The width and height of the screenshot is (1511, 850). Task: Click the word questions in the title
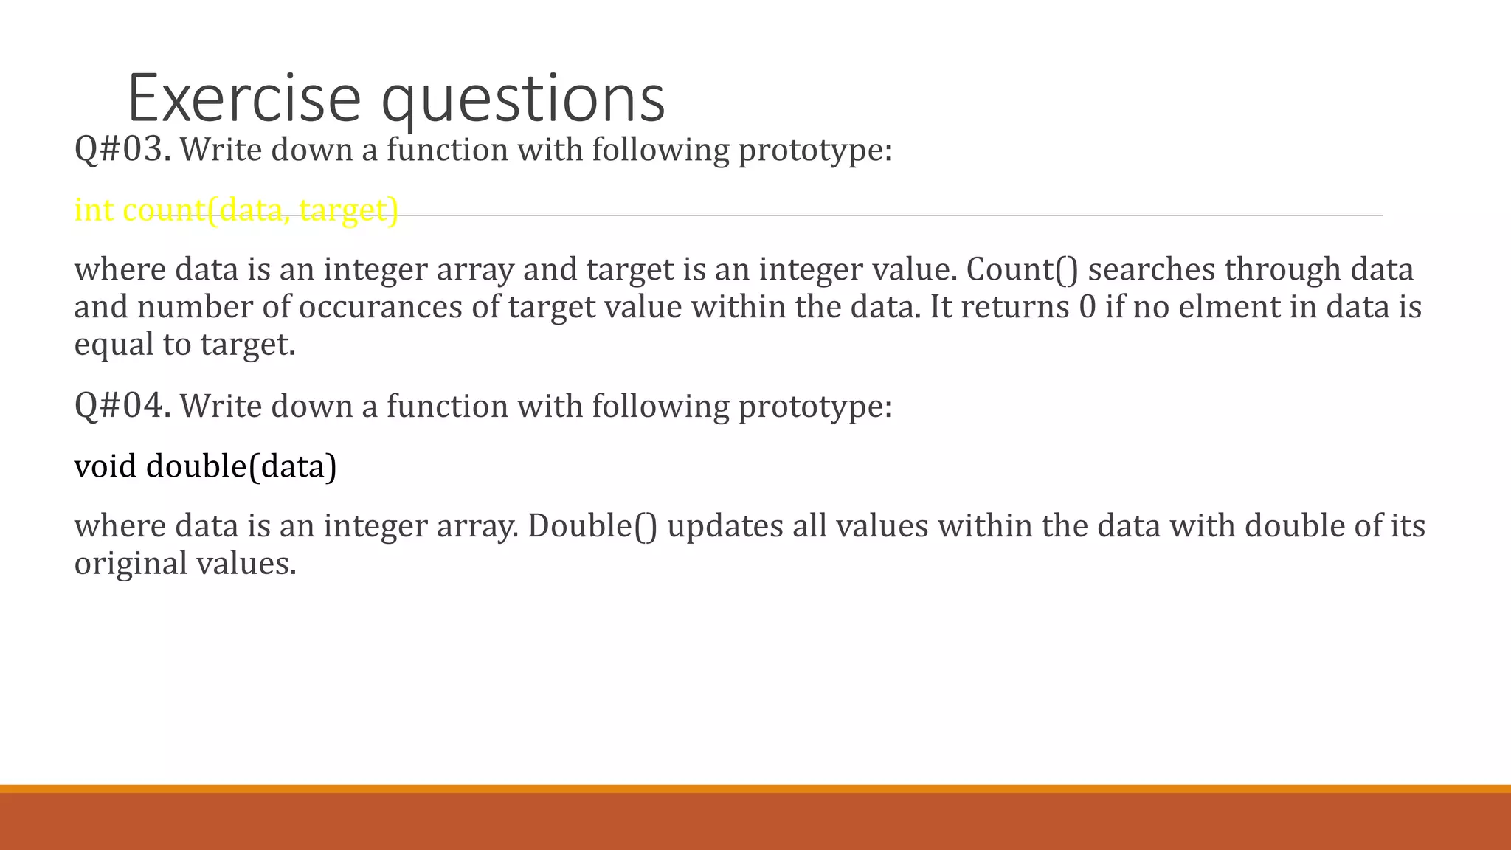pos(523,100)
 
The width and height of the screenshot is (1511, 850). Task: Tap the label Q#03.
pos(122,149)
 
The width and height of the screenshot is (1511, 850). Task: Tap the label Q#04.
pos(122,405)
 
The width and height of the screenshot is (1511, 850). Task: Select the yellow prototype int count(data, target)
pos(236,210)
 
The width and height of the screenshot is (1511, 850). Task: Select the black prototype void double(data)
pos(205,466)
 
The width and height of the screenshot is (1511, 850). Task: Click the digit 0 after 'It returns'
pos(1088,306)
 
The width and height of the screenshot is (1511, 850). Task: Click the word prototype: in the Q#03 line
pos(815,150)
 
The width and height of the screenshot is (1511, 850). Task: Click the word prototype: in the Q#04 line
pos(815,406)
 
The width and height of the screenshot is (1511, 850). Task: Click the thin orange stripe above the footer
pos(755,789)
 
